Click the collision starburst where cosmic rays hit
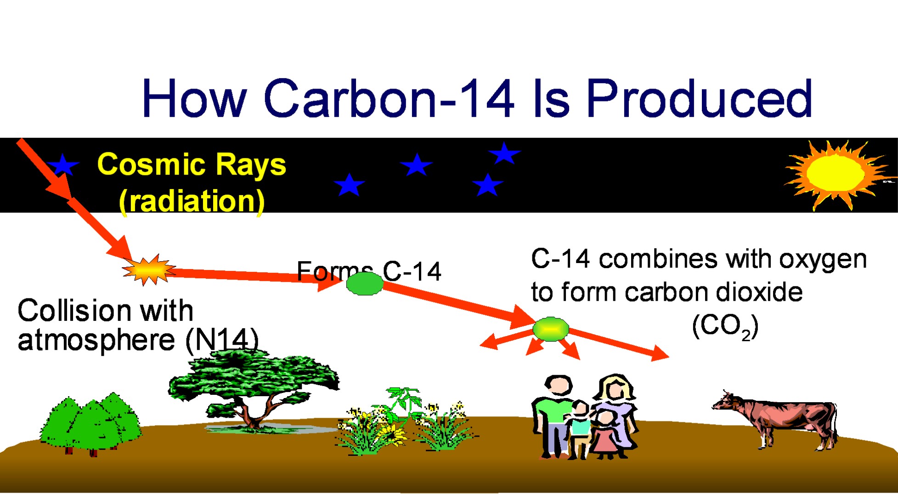(x=148, y=269)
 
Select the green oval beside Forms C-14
(x=365, y=283)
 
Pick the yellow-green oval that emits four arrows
(x=551, y=329)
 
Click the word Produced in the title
(x=700, y=98)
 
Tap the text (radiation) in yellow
(x=192, y=201)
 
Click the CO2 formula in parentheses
(x=725, y=327)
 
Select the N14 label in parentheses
(x=222, y=340)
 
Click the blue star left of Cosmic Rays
(x=63, y=165)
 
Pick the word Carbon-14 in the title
(x=389, y=98)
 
